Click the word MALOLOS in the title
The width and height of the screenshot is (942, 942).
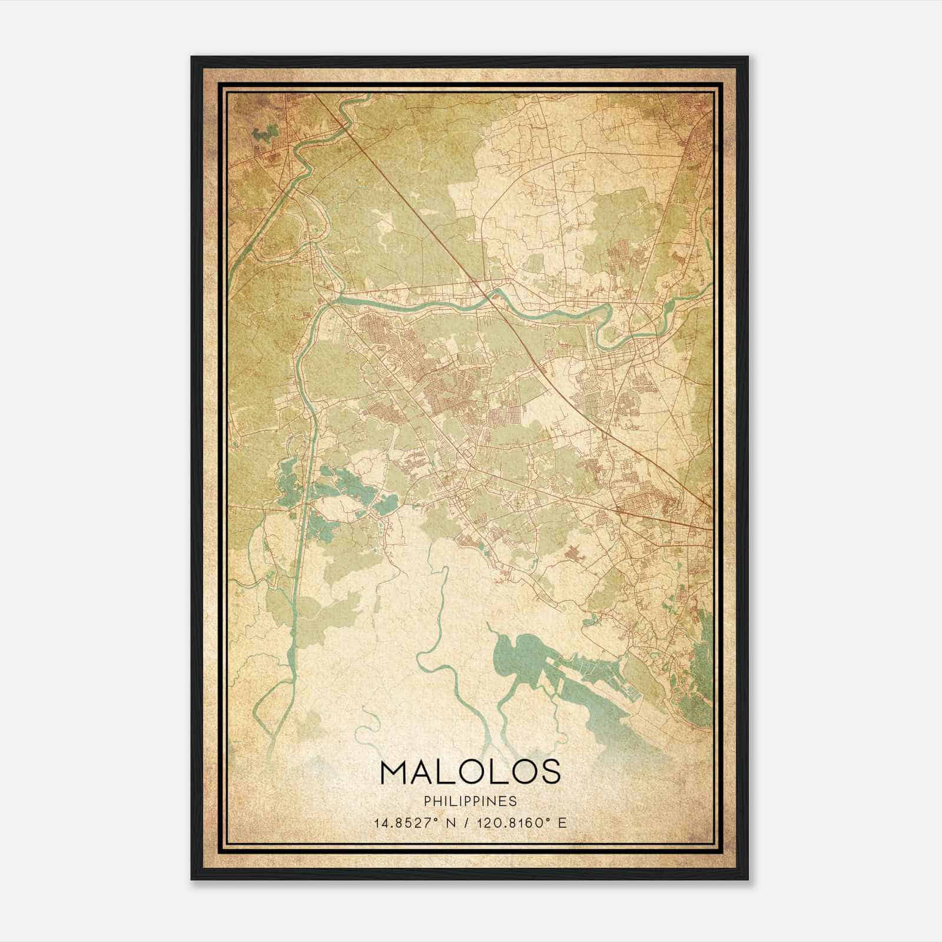[470, 772]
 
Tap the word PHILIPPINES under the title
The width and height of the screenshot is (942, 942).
[470, 801]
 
